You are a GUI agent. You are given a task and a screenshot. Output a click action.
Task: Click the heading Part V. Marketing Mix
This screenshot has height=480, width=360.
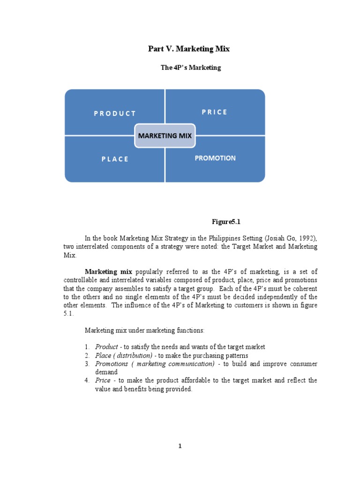[189, 49]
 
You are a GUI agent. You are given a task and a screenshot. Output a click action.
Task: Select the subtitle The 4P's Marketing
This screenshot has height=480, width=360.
[190, 67]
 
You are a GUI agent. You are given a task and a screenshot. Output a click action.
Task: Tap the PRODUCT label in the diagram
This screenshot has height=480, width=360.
[114, 113]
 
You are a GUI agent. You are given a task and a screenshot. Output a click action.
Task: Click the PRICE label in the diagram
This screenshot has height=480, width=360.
[215, 112]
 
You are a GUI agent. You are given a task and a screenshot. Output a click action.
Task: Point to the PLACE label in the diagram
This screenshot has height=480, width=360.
[114, 159]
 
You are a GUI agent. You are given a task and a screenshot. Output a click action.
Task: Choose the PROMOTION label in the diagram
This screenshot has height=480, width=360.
[215, 158]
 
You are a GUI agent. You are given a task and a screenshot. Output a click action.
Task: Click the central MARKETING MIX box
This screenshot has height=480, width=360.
[165, 136]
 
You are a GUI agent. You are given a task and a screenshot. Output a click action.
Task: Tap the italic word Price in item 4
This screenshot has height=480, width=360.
[103, 381]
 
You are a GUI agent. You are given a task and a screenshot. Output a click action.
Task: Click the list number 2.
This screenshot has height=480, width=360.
[87, 355]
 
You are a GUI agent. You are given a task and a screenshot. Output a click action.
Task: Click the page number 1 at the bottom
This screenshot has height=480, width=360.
[180, 446]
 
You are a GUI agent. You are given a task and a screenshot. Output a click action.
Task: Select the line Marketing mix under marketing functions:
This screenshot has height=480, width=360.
[144, 330]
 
